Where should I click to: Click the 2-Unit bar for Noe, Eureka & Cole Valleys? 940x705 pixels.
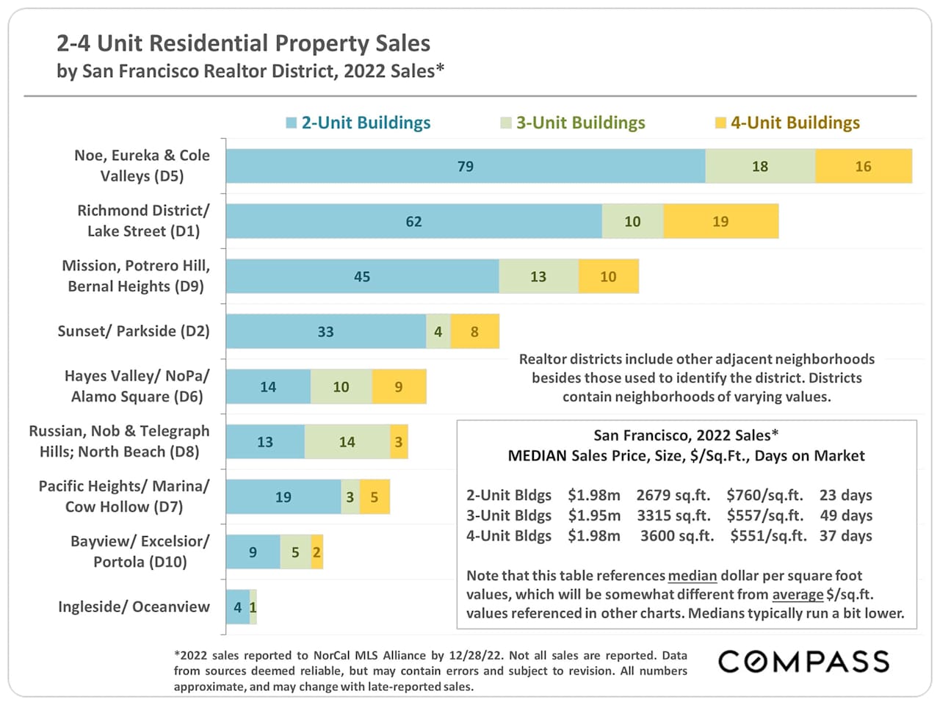465,166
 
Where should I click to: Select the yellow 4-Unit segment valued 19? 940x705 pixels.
720,221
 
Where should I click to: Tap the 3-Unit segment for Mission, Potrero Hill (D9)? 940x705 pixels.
538,276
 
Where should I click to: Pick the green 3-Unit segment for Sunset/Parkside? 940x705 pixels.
438,331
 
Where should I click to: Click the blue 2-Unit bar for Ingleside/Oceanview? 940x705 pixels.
237,607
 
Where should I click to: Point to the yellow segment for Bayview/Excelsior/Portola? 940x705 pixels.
317,552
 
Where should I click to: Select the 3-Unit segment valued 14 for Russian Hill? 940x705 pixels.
347,441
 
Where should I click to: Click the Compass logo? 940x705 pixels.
803,662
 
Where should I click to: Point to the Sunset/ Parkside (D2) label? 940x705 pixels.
134,331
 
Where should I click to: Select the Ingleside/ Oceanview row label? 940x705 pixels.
134,607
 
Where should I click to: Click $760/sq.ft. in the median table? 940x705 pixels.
764,495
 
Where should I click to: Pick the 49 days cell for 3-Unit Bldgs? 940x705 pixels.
846,516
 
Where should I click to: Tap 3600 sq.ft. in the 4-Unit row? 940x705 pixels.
676,535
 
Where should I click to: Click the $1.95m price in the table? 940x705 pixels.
593,516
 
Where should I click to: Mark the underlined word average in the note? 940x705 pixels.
798,594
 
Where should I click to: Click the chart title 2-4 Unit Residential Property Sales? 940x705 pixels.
243,43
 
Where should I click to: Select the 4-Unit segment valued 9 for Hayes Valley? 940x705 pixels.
399,386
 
